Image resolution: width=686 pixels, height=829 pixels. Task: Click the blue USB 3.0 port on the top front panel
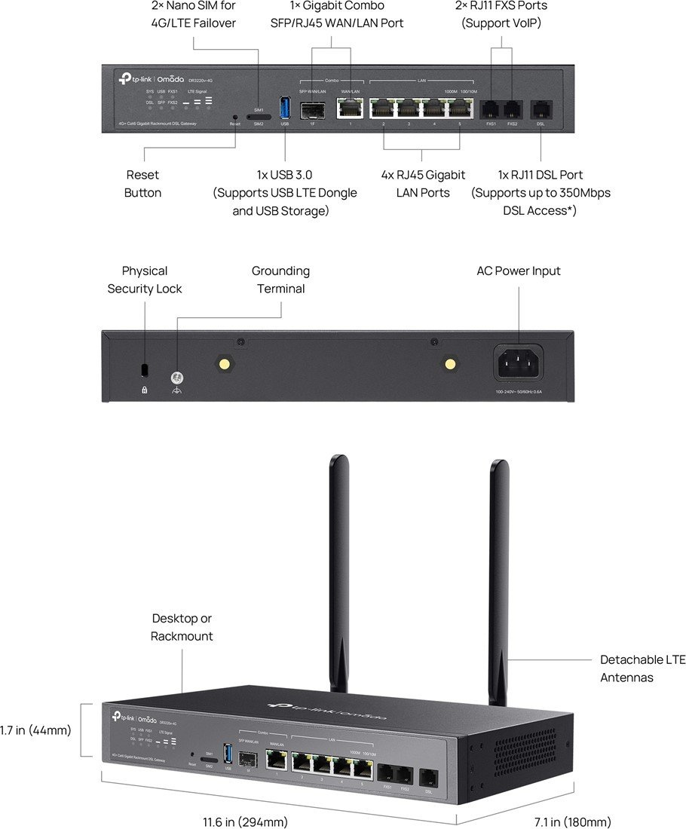click(284, 109)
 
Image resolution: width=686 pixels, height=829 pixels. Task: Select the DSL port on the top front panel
click(541, 110)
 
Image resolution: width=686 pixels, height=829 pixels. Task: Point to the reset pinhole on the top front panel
click(235, 118)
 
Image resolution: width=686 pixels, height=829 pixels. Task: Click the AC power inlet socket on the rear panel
click(521, 364)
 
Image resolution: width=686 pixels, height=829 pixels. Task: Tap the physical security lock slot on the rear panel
click(145, 369)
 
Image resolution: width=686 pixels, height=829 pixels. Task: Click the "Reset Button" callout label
click(142, 184)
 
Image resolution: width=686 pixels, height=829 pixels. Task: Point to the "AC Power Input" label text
click(519, 271)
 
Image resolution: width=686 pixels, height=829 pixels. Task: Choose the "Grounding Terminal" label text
click(280, 280)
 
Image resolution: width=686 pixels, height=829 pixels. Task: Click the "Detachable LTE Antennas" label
click(642, 668)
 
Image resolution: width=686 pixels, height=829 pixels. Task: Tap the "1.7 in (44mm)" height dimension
click(35, 730)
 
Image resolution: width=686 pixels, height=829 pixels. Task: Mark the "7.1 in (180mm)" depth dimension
click(573, 821)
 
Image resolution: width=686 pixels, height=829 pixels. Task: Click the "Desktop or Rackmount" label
click(182, 627)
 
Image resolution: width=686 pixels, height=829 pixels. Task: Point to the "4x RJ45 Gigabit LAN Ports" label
click(423, 184)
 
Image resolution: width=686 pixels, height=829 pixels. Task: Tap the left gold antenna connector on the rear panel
click(224, 363)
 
